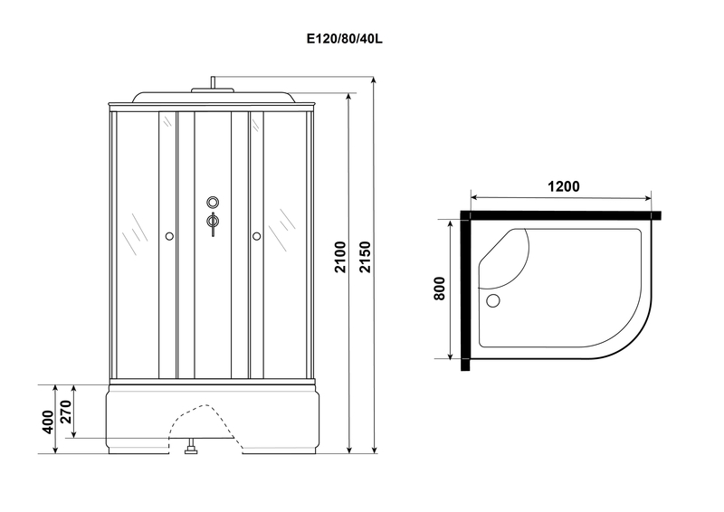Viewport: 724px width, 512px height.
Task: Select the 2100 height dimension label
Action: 339,257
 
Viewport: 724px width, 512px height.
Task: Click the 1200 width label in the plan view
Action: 563,186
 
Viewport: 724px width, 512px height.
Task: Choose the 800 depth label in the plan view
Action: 439,289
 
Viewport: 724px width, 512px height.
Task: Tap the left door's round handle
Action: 168,237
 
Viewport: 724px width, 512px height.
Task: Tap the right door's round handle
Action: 257,237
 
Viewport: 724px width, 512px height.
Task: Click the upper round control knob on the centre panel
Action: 213,203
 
